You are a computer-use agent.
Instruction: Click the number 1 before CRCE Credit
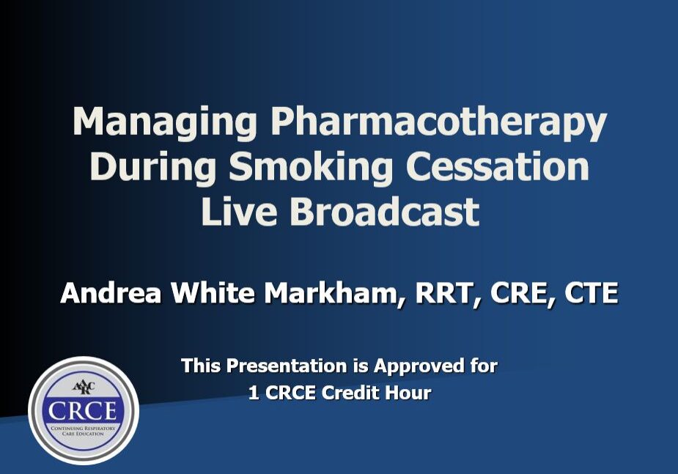(253, 393)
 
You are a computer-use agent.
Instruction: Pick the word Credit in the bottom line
(355, 393)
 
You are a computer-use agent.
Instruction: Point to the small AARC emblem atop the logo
(83, 387)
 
